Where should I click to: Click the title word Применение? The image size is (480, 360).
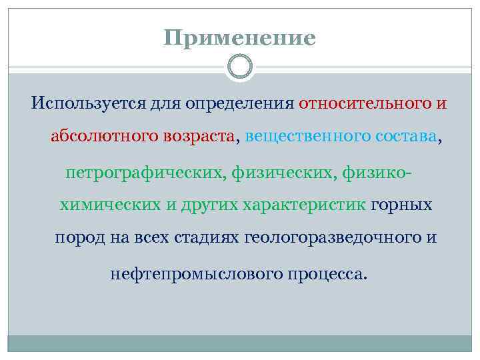240,38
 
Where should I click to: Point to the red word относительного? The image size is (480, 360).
364,105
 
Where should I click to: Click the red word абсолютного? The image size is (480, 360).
103,137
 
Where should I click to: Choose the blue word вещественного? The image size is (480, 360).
299,137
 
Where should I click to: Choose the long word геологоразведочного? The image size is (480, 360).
333,239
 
